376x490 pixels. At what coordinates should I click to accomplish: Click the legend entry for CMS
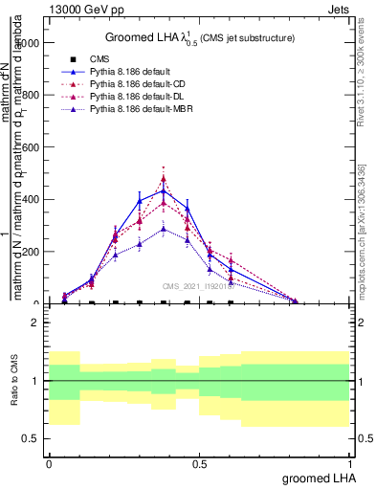tap(100, 59)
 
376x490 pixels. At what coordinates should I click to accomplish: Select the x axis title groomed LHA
tap(319, 478)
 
